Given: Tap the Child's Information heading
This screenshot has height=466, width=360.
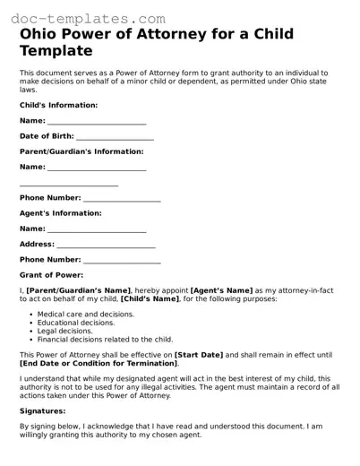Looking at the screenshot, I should [x=59, y=105].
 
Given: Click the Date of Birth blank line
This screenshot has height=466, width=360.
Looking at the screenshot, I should [x=115, y=136].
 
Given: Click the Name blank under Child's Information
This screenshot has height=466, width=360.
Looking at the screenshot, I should [x=97, y=121].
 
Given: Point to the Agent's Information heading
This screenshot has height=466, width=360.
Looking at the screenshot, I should [x=61, y=213].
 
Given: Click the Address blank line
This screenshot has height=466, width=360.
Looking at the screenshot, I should [x=106, y=245].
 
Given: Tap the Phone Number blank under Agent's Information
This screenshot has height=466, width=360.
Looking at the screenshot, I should [x=122, y=260].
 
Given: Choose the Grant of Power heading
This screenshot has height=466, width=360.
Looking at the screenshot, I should [x=51, y=275].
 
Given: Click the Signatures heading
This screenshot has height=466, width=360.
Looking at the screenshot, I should [x=44, y=412].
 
